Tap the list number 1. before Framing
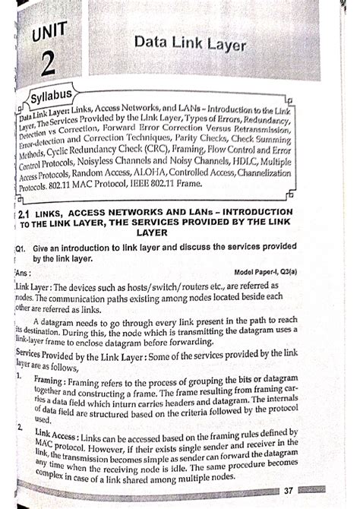click(x=19, y=378)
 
